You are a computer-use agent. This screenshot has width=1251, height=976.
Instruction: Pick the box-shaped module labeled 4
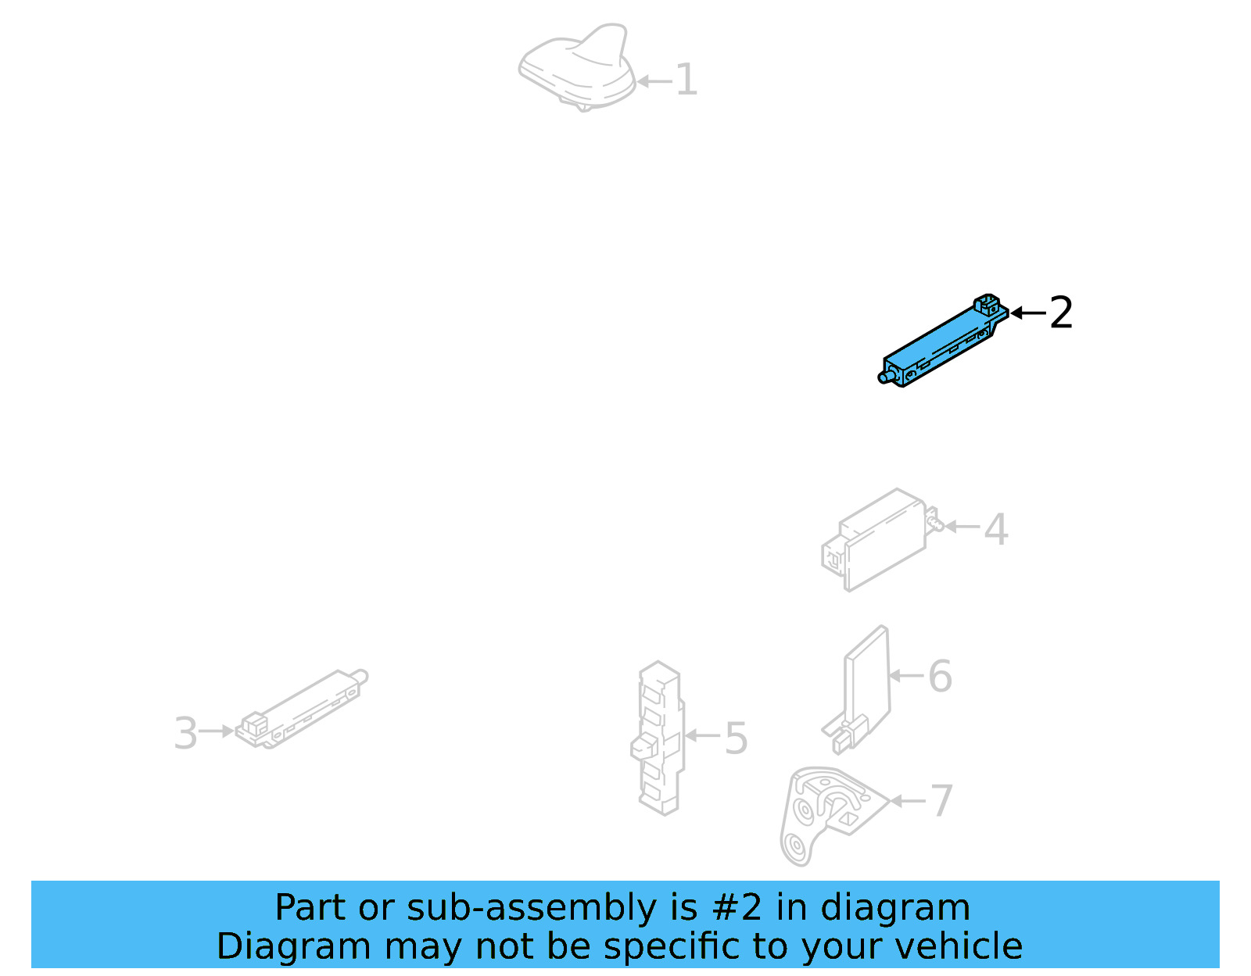880,539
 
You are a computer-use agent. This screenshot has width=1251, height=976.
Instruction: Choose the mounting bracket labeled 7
821,813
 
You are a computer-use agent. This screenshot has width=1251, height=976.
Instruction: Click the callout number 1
686,80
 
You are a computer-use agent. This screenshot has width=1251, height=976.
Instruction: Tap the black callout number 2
1061,313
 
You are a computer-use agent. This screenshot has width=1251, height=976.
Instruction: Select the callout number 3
185,734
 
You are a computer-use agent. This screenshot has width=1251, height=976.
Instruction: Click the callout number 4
995,529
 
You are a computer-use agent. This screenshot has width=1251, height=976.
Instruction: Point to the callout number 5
736,738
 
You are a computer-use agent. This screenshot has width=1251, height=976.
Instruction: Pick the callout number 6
940,677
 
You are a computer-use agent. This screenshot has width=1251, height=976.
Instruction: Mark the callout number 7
941,801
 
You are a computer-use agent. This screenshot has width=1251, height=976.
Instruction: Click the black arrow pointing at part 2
1027,313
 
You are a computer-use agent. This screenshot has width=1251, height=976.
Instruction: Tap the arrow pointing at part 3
217,731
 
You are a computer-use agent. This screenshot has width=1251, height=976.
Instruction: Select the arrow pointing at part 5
702,735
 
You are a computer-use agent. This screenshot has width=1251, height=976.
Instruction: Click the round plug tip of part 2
884,379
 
